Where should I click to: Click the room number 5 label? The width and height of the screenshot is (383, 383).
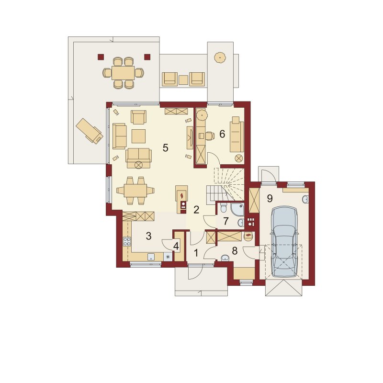[165, 148]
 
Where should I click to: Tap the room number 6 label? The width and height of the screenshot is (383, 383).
[222, 134]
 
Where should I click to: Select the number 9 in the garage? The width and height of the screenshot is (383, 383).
[270, 198]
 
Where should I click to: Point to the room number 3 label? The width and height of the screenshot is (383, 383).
[148, 236]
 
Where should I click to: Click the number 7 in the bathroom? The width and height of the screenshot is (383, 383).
[225, 221]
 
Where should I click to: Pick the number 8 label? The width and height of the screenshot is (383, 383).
[235, 250]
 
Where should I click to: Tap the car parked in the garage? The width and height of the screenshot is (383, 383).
[284, 242]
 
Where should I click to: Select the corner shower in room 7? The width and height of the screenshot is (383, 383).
[237, 209]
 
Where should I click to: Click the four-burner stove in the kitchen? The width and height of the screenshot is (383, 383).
[127, 241]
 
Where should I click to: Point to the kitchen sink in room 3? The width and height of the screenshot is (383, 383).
[151, 257]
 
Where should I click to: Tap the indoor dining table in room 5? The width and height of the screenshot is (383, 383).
[135, 191]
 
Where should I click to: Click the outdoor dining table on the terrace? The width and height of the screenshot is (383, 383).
[123, 73]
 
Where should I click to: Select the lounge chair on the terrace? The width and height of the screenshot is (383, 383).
[89, 131]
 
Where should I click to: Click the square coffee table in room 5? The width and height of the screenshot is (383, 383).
[138, 136]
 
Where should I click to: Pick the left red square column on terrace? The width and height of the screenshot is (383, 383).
[101, 56]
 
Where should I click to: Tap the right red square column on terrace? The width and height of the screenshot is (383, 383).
[147, 56]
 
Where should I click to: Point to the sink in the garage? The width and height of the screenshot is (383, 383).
[305, 199]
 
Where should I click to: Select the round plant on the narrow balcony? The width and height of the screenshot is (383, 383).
[220, 58]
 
